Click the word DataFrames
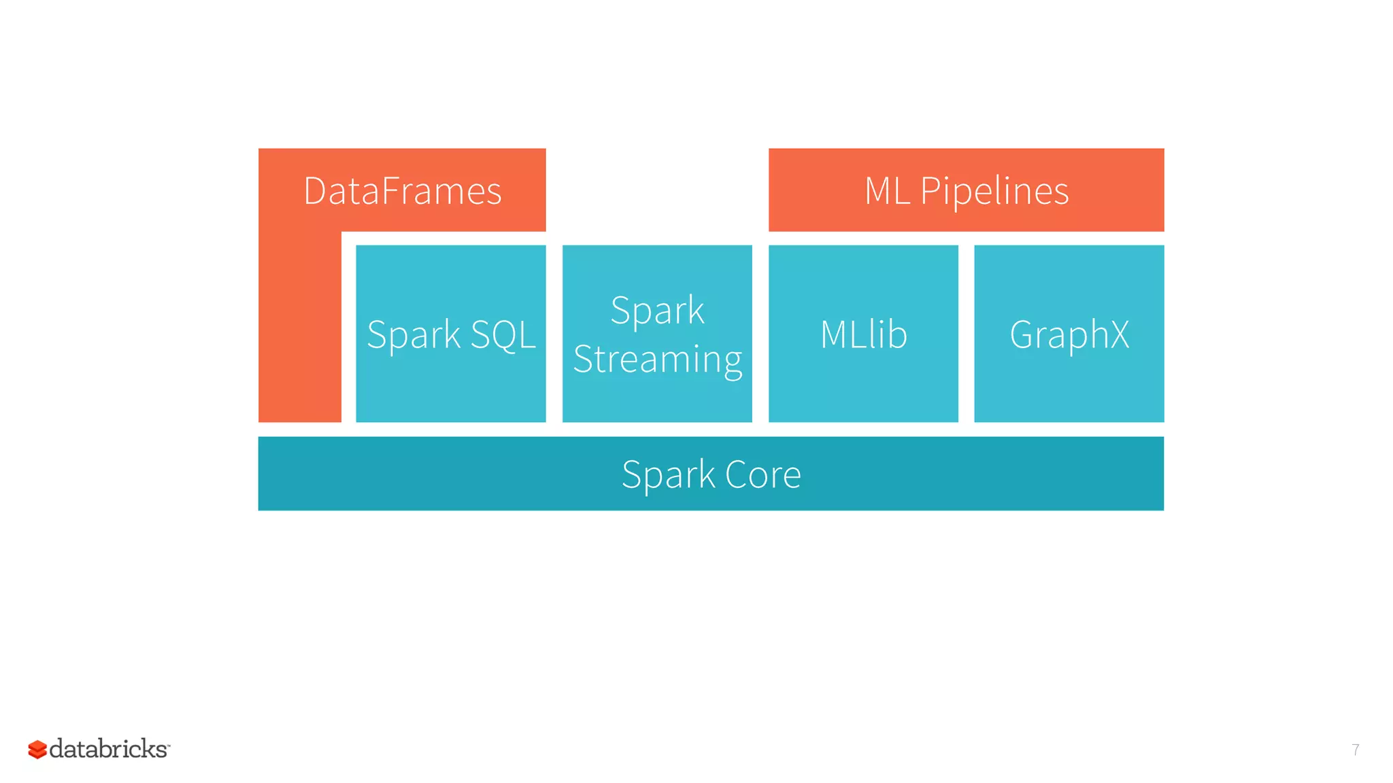click(402, 191)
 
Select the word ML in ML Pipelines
click(887, 191)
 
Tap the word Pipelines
click(994, 191)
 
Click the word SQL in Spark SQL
click(503, 334)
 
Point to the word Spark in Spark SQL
click(414, 334)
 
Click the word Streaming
click(657, 359)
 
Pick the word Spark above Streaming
click(657, 311)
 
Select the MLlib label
click(863, 334)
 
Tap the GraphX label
click(1069, 334)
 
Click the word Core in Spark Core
click(762, 474)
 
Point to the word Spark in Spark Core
click(667, 474)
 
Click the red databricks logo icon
click(37, 749)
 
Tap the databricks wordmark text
click(109, 749)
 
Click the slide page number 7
click(1355, 750)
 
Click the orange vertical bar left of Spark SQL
click(299, 326)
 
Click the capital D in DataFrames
click(316, 191)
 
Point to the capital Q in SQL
click(503, 336)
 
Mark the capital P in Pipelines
click(930, 191)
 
